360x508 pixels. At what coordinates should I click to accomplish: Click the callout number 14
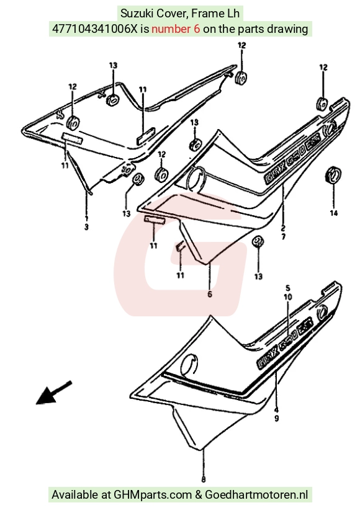(334, 213)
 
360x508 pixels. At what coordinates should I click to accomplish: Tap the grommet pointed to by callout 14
(333, 175)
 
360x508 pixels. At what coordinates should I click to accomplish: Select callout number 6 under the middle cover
(210, 294)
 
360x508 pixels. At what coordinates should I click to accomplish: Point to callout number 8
(204, 479)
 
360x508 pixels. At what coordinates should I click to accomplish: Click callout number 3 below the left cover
(86, 227)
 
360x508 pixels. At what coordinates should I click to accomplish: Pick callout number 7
(284, 237)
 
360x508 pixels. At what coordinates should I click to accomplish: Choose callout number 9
(277, 419)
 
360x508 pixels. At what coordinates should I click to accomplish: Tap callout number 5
(287, 288)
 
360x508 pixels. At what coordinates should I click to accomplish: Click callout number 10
(287, 297)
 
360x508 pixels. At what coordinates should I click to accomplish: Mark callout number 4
(277, 410)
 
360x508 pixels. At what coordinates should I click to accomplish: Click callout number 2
(283, 228)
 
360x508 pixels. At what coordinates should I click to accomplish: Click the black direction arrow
(53, 393)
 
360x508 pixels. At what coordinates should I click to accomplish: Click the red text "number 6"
(176, 29)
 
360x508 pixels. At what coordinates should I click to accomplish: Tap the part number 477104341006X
(95, 29)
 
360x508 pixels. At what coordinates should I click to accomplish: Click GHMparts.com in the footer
(153, 495)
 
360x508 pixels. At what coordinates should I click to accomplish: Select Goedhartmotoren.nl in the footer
(256, 495)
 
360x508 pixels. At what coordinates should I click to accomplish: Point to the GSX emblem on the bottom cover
(268, 359)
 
